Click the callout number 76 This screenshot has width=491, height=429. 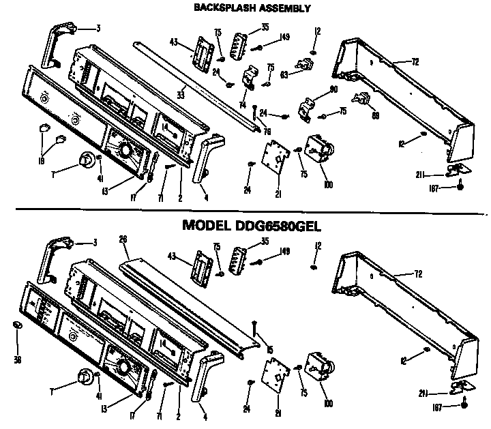point(267,131)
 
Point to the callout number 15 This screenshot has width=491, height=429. point(270,350)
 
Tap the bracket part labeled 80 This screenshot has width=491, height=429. point(307,108)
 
